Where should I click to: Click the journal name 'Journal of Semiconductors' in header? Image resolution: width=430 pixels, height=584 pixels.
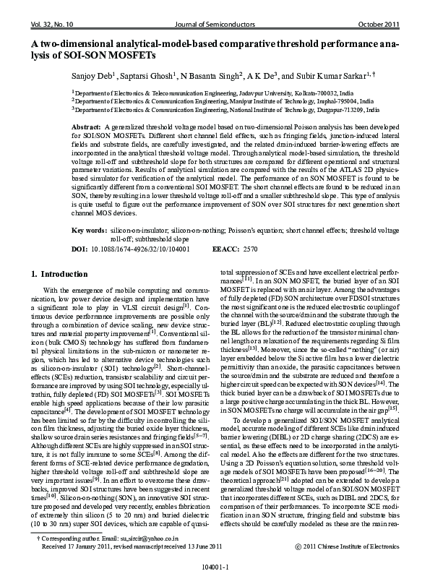coord(215,25)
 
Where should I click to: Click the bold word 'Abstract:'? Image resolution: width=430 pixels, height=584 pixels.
coord(86,126)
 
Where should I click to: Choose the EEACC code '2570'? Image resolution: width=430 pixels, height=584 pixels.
coord(250,248)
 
